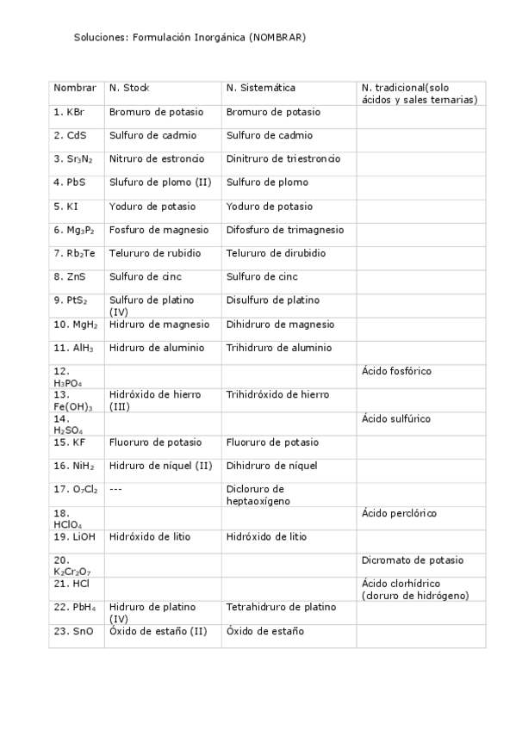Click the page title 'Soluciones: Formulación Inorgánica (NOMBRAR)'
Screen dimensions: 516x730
pos(190,38)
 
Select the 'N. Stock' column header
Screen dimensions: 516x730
pos(129,88)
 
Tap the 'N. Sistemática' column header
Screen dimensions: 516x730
pos(261,88)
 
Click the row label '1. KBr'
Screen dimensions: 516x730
pos(69,112)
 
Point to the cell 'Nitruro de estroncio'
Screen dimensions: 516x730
pos(157,159)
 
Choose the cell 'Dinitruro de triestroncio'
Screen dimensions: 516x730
pos(283,159)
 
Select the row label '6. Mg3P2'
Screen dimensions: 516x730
pos(74,230)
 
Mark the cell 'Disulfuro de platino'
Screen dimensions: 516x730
pos(272,300)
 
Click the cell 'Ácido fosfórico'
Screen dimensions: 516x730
pos(396,371)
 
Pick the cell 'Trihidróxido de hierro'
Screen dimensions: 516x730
pos(276,395)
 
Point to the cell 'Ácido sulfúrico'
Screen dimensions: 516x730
pos(396,419)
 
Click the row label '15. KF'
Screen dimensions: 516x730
pos(70,442)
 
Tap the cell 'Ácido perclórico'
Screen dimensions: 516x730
pos(399,514)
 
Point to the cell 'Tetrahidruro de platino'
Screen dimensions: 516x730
pos(280,608)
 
